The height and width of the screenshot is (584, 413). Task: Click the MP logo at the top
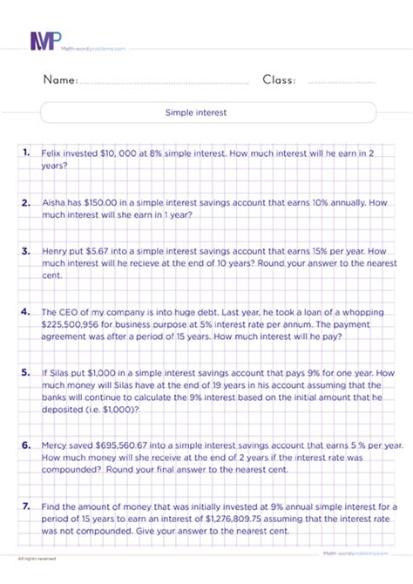pos(44,40)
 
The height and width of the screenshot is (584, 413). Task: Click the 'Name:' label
pos(59,80)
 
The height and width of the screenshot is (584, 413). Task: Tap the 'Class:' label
pos(279,80)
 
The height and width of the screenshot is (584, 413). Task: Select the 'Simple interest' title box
pos(207,112)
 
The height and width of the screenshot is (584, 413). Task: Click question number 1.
pos(29,152)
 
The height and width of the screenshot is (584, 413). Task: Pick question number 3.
pos(29,250)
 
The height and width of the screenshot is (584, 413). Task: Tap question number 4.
pos(29,309)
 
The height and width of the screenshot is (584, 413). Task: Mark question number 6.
pos(29,443)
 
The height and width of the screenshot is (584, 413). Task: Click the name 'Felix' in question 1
pos(52,152)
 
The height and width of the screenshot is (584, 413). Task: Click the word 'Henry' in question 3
pos(57,250)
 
